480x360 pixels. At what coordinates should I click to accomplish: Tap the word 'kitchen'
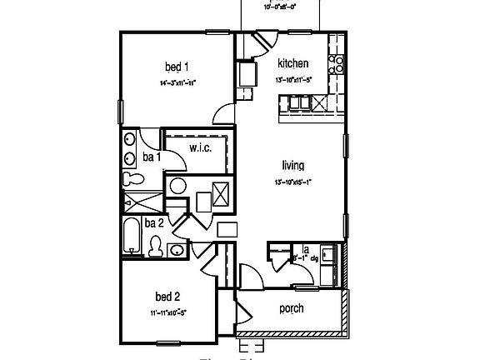click(293, 63)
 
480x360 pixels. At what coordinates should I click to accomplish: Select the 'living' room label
click(292, 165)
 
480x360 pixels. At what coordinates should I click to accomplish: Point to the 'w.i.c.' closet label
click(200, 147)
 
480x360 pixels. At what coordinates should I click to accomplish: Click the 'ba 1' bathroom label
click(151, 156)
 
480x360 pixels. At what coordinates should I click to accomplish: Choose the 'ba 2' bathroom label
click(153, 222)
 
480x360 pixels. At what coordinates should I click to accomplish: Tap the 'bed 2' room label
click(167, 296)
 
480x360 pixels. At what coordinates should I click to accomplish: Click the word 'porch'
click(291, 308)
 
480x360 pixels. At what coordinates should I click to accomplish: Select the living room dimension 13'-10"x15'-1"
click(292, 182)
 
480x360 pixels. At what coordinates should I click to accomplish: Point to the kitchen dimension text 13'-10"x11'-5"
click(293, 81)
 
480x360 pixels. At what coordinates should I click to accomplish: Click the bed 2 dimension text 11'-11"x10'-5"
click(167, 313)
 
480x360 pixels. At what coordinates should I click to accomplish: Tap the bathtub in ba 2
click(132, 237)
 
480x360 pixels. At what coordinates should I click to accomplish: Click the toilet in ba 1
click(131, 178)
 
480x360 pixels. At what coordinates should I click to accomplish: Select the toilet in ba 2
click(155, 246)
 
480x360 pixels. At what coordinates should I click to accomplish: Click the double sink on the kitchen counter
click(298, 102)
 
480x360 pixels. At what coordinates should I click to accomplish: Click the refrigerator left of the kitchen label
click(247, 75)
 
